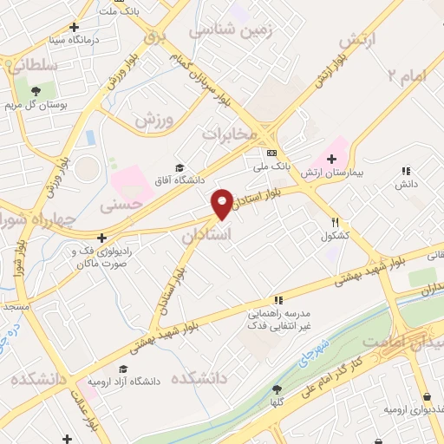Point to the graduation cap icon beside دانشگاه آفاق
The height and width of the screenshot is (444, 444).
180,168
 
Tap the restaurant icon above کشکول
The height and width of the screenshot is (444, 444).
335,222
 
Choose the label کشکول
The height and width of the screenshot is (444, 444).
335,236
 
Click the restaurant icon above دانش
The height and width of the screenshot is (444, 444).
406,171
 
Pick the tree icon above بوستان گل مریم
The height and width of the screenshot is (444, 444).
36,90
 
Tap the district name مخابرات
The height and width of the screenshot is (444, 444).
232,134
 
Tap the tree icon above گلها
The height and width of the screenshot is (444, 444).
277,389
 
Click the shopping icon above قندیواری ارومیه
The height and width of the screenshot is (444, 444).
427,396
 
